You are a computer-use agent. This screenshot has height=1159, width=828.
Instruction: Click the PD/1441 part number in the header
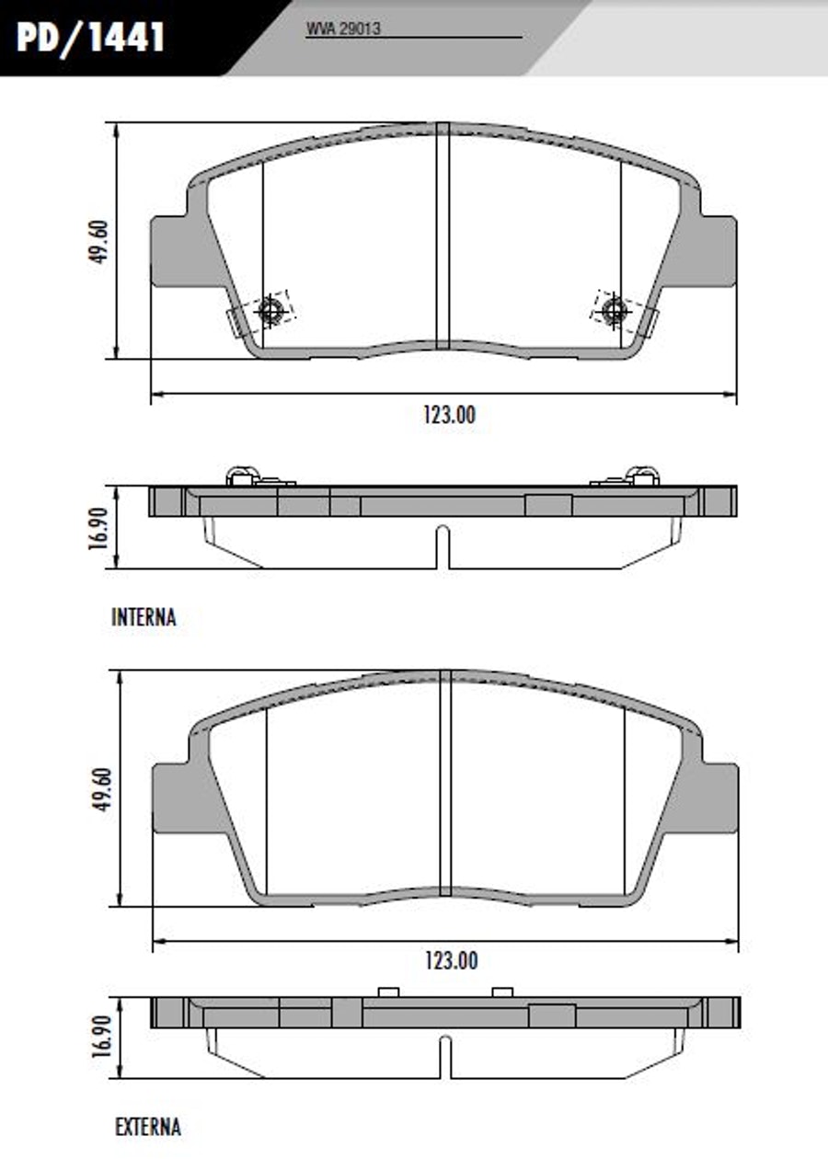(90, 37)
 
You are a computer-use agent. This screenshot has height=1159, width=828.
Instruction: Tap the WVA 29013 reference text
(344, 29)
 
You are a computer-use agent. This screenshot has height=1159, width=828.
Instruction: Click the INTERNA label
(144, 618)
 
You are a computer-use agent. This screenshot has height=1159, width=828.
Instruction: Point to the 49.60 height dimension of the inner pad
(98, 242)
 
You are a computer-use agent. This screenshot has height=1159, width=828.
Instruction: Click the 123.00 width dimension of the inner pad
(449, 415)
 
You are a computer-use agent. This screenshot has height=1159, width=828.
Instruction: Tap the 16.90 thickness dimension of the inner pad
(98, 528)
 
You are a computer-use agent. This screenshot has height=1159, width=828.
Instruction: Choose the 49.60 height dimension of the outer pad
(102, 789)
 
